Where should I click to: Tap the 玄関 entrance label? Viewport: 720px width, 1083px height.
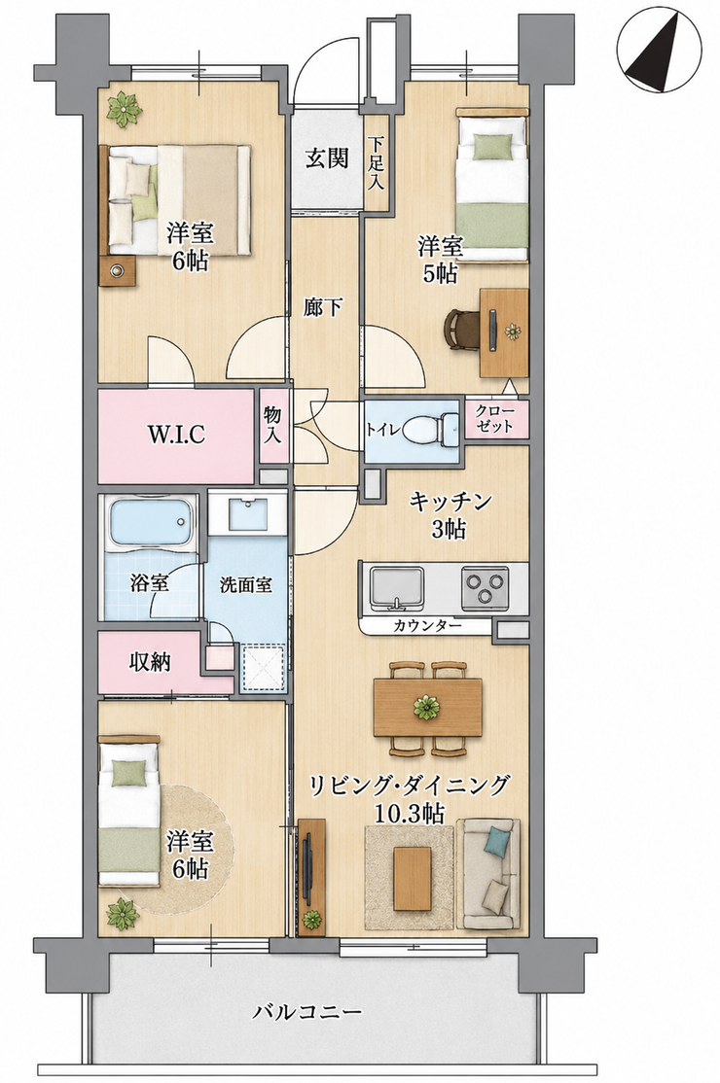coord(327,159)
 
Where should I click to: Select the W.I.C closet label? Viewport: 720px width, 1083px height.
coord(176,435)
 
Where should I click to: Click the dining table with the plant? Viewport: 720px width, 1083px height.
coord(427,708)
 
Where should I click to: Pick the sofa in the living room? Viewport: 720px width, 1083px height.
coord(489,874)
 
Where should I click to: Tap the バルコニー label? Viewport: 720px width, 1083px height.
coord(306,1013)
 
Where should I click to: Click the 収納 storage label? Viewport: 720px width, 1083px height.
coord(150,662)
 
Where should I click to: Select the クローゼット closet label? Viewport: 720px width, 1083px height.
coord(494,419)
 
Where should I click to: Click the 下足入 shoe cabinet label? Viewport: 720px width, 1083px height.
coord(377,164)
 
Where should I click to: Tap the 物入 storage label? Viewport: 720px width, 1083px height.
coord(272,426)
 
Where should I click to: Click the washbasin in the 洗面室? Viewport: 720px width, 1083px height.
coord(247,511)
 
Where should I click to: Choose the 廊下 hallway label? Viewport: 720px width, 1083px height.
coord(323,307)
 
